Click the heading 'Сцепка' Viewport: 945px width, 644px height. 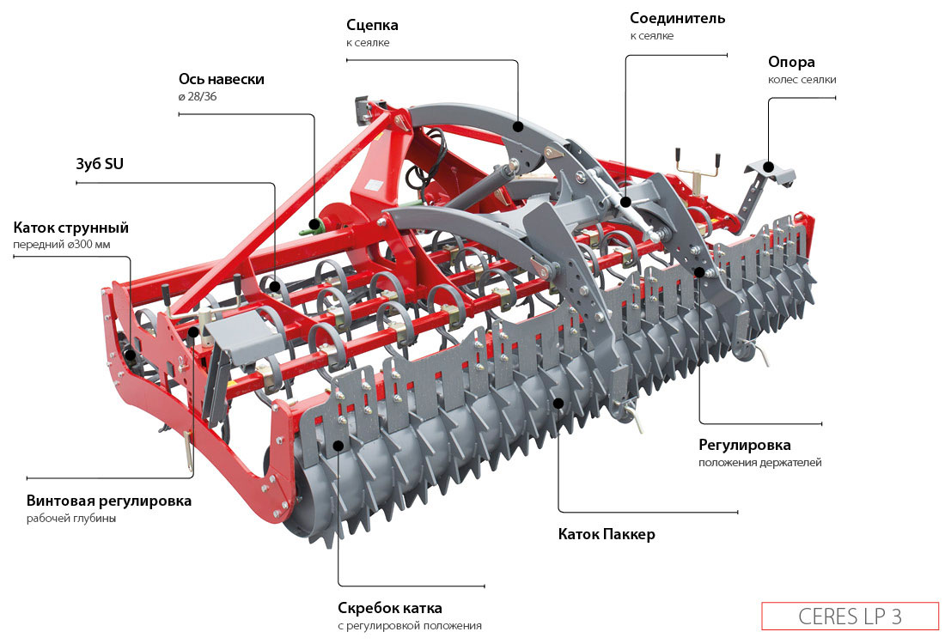(372, 24)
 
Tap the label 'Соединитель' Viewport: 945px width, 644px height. (677, 18)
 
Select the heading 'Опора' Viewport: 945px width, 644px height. (791, 62)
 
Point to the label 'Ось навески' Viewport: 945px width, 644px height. (221, 79)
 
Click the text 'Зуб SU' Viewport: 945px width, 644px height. (100, 164)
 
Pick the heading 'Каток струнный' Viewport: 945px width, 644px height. (70, 228)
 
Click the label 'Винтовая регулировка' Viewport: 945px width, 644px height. (109, 501)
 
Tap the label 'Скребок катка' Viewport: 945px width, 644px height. (390, 608)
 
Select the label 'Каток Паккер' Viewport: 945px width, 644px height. (607, 534)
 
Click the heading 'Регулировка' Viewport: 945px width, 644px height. (744, 445)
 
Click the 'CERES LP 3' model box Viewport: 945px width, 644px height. (850, 617)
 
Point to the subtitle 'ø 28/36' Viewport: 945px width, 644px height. (197, 97)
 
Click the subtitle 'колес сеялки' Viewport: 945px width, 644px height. (802, 80)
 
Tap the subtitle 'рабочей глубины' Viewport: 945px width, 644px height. (70, 519)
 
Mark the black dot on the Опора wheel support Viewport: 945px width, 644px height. (769, 167)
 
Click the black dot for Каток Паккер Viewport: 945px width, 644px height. (558, 402)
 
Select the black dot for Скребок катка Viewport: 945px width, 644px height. (338, 446)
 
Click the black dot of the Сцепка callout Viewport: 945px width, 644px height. (518, 126)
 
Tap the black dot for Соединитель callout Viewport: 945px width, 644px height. (626, 202)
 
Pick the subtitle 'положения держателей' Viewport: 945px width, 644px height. (759, 463)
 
